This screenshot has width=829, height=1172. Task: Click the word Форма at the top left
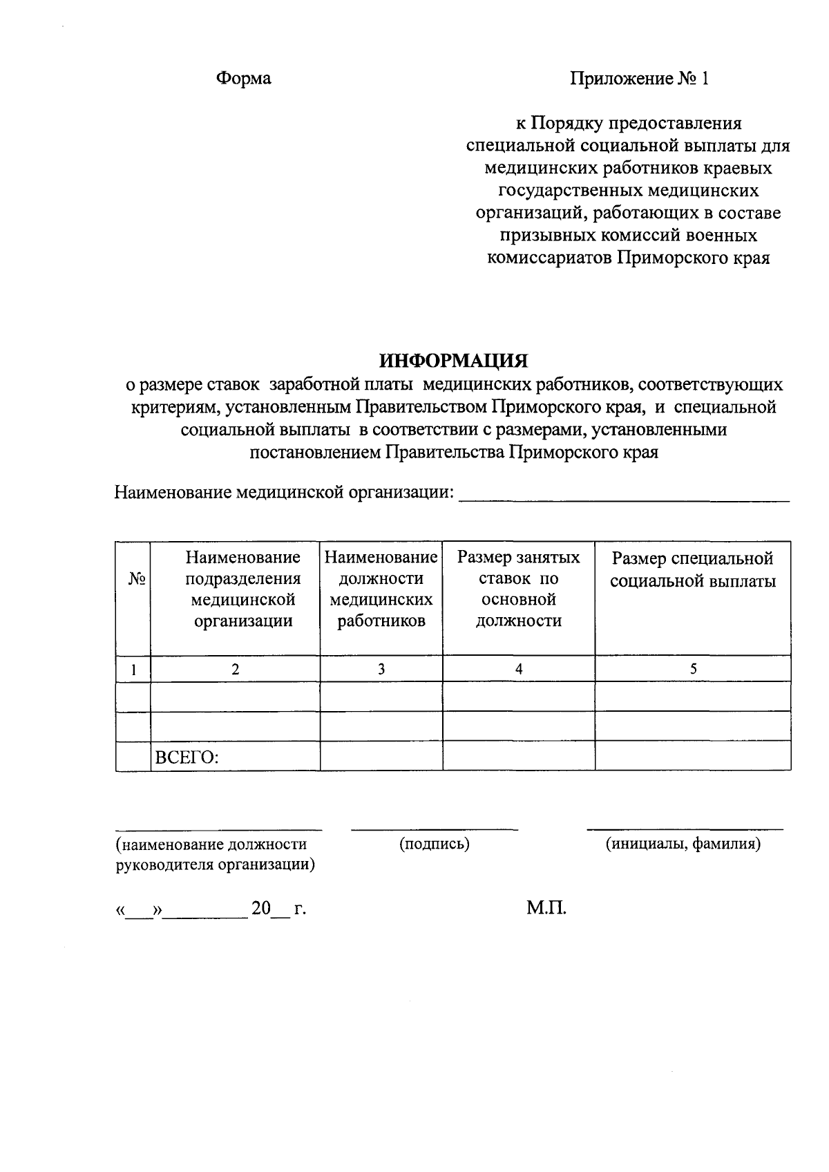(244, 79)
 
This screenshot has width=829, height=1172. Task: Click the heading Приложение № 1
(639, 79)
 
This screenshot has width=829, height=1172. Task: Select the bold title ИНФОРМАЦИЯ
(453, 361)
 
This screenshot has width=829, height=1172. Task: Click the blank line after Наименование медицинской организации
(624, 493)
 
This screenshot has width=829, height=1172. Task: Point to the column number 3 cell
(381, 669)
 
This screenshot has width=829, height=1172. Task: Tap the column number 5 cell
(693, 669)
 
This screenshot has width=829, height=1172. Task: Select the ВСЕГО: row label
(187, 757)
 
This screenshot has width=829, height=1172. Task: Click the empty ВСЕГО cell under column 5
(693, 756)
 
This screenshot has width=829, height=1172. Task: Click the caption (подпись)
(434, 844)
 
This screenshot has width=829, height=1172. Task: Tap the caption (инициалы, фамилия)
(683, 844)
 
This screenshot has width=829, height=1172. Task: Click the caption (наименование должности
(211, 844)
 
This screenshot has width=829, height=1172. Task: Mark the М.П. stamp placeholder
(546, 908)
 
